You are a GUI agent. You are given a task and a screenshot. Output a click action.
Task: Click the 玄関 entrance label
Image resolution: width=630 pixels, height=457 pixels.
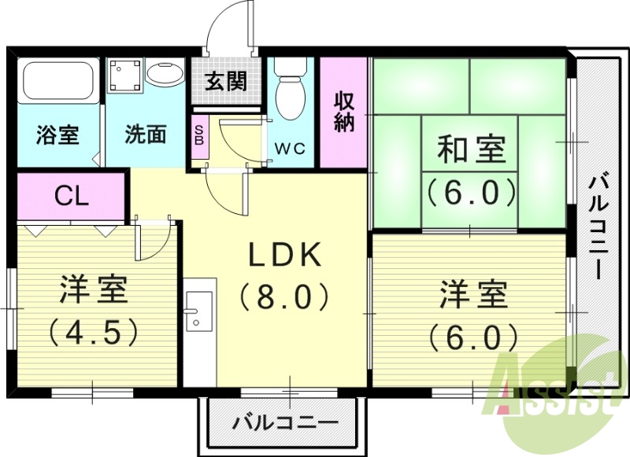coord(227,81)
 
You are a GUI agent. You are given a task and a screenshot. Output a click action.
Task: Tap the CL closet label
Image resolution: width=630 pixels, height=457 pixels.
coord(70,197)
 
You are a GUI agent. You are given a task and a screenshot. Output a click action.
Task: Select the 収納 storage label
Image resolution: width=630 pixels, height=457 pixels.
coord(344,112)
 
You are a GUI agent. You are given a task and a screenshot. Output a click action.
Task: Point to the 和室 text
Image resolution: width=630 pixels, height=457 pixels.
coord(471,149)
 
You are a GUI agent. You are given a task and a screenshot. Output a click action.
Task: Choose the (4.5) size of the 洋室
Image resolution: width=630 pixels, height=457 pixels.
coord(94,330)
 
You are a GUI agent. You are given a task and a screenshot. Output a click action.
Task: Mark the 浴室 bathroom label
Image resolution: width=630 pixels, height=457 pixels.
coord(57,134)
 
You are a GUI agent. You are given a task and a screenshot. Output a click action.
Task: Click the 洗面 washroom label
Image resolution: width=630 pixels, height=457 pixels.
coord(146,134)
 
